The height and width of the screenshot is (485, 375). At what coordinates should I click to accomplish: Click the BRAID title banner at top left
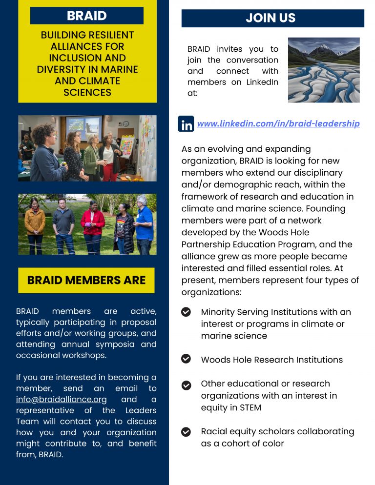pyautogui.click(x=87, y=16)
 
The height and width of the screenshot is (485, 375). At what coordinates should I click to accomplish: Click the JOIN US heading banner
pyautogui.click(x=272, y=18)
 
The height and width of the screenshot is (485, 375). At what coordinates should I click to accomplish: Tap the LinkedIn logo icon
pyautogui.click(x=186, y=124)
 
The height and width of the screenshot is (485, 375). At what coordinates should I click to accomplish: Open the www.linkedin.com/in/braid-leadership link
pyautogui.click(x=278, y=124)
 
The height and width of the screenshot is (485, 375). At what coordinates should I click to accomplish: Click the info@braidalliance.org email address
pyautogui.click(x=61, y=400)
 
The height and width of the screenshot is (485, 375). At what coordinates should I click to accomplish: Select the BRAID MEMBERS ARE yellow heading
pyautogui.click(x=86, y=280)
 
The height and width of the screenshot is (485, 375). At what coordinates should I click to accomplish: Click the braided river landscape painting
pyautogui.click(x=324, y=70)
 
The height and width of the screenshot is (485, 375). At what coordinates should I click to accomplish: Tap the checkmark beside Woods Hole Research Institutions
pyautogui.click(x=186, y=359)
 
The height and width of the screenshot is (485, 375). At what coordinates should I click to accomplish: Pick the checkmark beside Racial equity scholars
pyautogui.click(x=186, y=432)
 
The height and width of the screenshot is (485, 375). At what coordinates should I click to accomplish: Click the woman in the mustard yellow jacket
pyautogui.click(x=35, y=224)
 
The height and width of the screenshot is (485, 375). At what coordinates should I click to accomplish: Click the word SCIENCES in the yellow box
pyautogui.click(x=87, y=92)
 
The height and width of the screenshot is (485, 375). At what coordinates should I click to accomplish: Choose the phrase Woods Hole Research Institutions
pyautogui.click(x=271, y=360)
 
